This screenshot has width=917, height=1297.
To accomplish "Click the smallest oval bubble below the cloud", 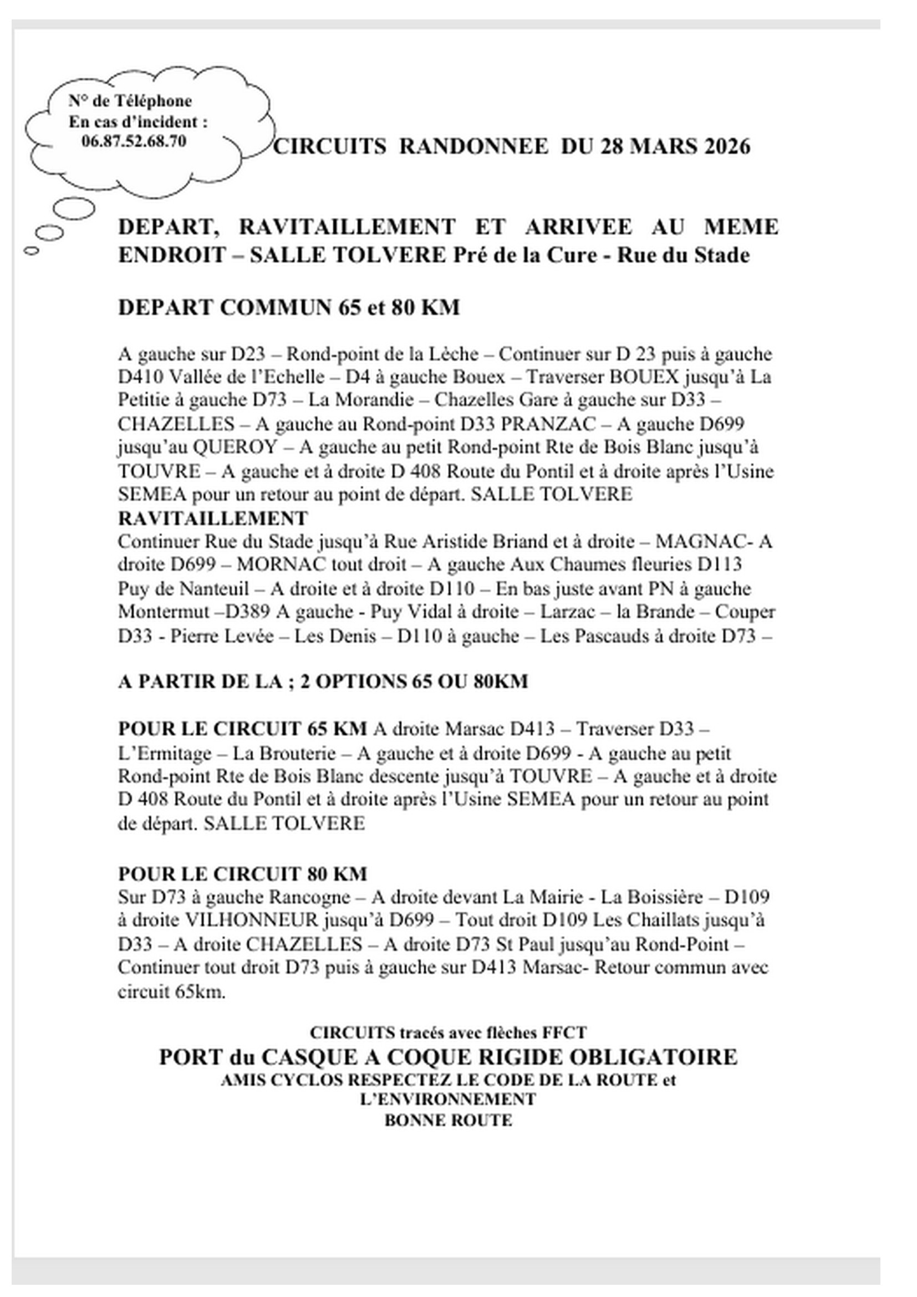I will click(32, 250).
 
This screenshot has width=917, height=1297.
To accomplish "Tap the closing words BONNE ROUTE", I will click(449, 1120).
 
